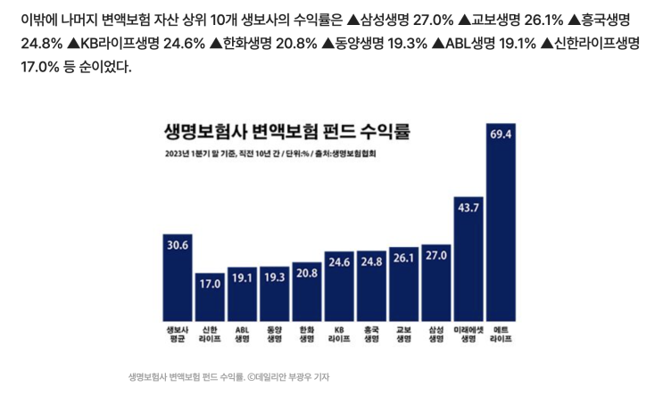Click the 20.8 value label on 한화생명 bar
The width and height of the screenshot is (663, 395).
point(306,273)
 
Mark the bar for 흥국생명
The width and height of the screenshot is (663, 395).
point(371,290)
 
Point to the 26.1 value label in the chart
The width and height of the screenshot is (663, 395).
point(403,258)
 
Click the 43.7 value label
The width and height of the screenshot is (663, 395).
point(468,208)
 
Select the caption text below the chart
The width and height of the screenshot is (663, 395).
point(229,376)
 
